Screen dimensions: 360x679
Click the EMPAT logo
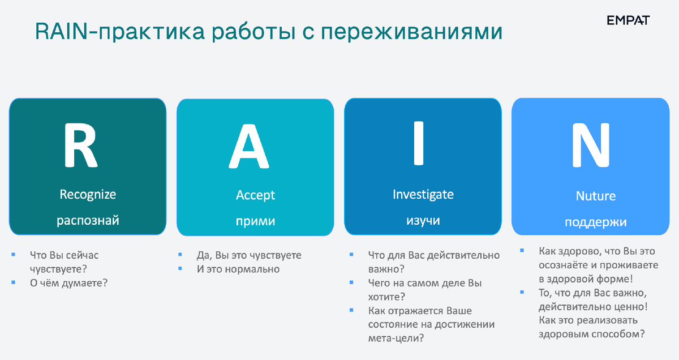628,20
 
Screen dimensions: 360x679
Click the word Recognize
88,195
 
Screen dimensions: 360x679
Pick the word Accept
255,195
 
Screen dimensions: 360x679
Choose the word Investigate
423,195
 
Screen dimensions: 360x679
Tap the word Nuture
595,196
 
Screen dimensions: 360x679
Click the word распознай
88,220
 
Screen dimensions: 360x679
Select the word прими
255,221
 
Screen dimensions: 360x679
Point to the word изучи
423,220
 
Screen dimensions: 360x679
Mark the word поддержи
595,222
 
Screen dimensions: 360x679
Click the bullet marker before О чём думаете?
13,282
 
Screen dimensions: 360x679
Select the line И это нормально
238,269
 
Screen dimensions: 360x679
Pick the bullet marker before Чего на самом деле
351,283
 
